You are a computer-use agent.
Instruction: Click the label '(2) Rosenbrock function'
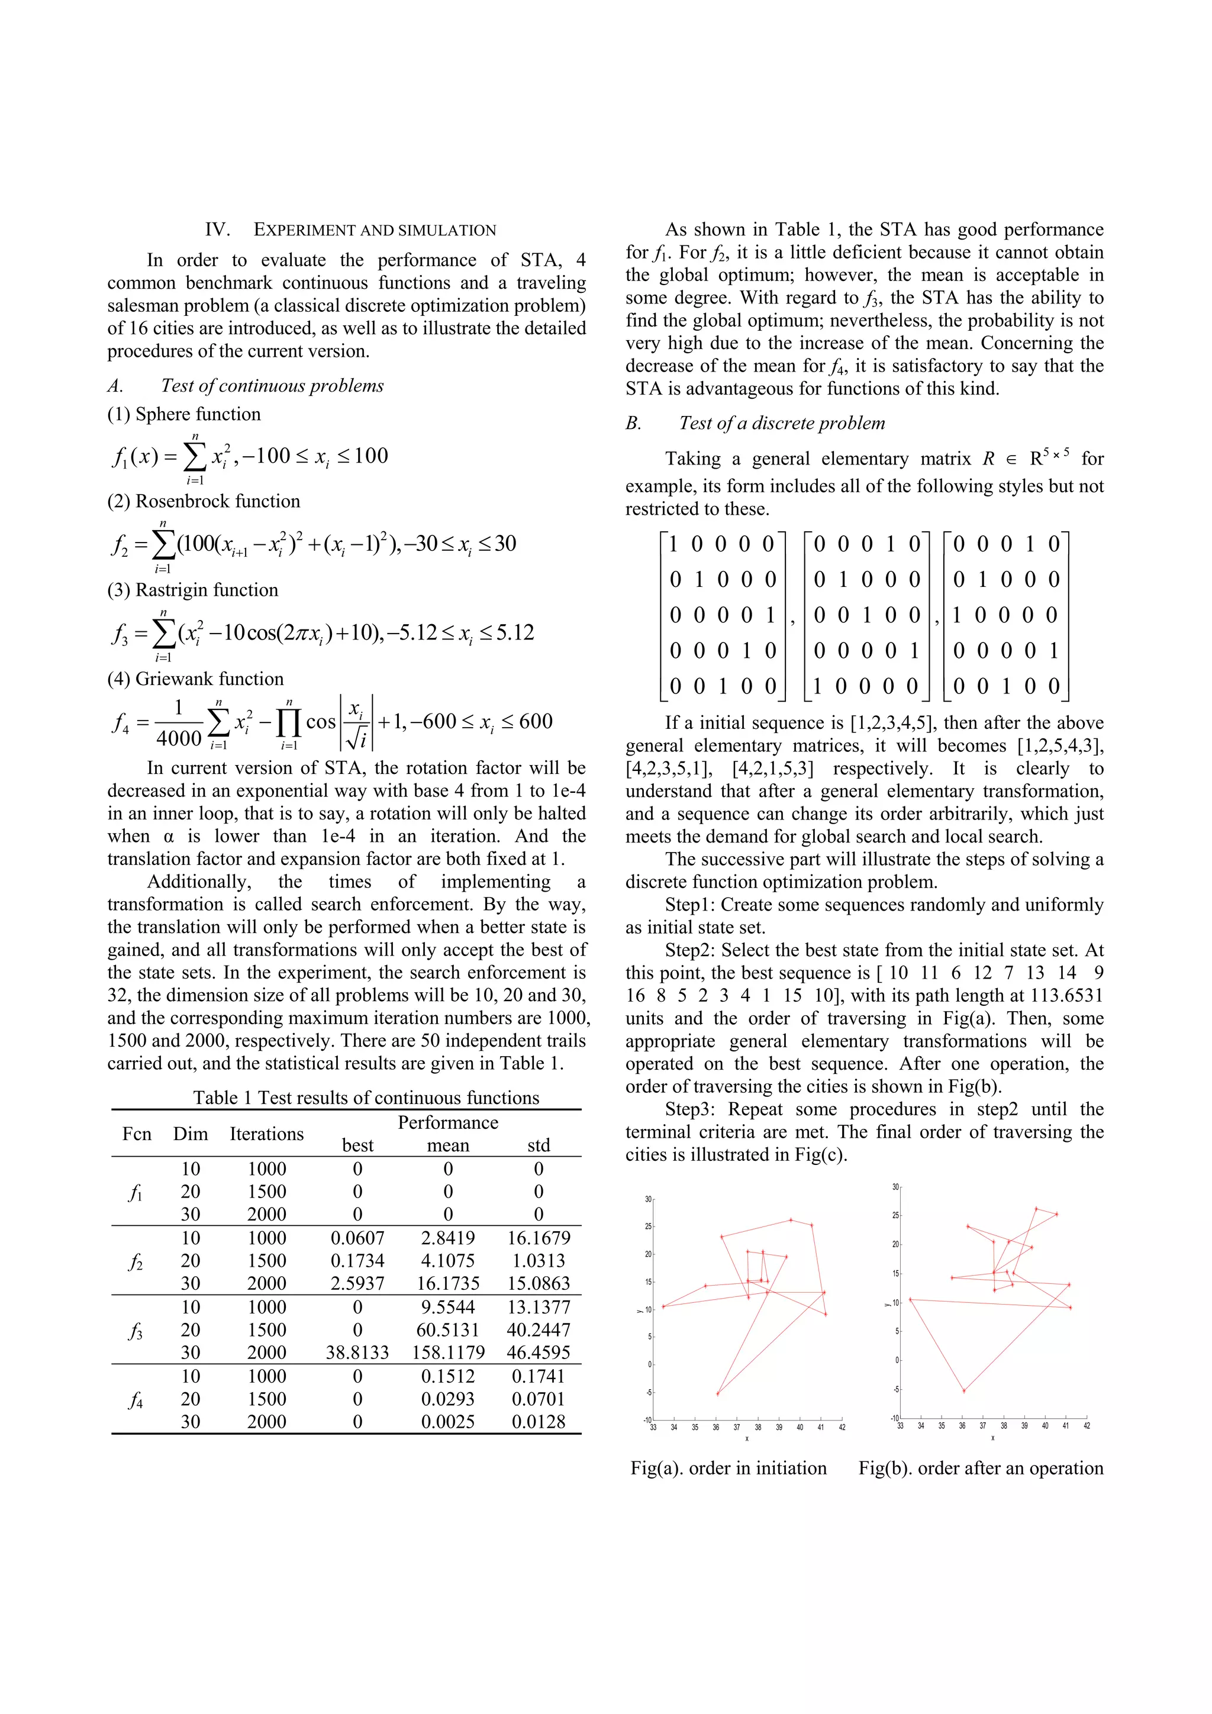tap(203, 501)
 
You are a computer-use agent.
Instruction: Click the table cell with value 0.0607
tap(357, 1238)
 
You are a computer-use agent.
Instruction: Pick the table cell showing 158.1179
tap(448, 1352)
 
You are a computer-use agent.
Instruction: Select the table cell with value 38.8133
tap(357, 1352)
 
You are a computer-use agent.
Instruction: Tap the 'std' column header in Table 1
tap(539, 1145)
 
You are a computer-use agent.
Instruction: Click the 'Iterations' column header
tap(266, 1134)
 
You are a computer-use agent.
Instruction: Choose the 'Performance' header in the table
tap(448, 1123)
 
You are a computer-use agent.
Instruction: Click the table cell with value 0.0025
tap(448, 1421)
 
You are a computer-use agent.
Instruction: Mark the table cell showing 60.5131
tap(448, 1329)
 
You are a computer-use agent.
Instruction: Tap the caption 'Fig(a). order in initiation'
tap(728, 1468)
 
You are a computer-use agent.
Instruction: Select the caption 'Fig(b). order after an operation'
tap(981, 1468)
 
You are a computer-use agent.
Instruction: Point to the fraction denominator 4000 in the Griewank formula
tap(179, 738)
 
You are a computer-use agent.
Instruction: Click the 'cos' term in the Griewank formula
tap(321, 722)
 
